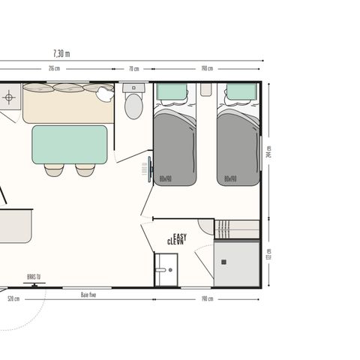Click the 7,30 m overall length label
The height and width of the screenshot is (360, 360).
(x=61, y=53)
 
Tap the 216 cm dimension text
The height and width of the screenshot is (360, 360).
(x=54, y=69)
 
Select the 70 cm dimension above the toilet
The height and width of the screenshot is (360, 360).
(x=133, y=69)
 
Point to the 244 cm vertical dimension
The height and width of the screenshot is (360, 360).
(x=269, y=151)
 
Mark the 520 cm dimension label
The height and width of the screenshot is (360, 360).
(x=13, y=299)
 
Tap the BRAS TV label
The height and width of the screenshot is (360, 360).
(x=34, y=277)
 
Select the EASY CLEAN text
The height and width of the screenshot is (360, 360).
(x=178, y=239)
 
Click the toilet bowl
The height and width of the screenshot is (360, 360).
(x=133, y=106)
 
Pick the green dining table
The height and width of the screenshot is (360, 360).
(x=69, y=144)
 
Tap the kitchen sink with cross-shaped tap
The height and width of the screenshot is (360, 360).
(x=9, y=97)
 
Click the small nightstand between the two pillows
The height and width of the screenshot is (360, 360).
(x=206, y=89)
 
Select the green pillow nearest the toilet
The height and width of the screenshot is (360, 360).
(x=173, y=92)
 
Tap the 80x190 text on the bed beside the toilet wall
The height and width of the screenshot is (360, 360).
(x=166, y=179)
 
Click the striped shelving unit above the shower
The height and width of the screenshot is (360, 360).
(x=236, y=229)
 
